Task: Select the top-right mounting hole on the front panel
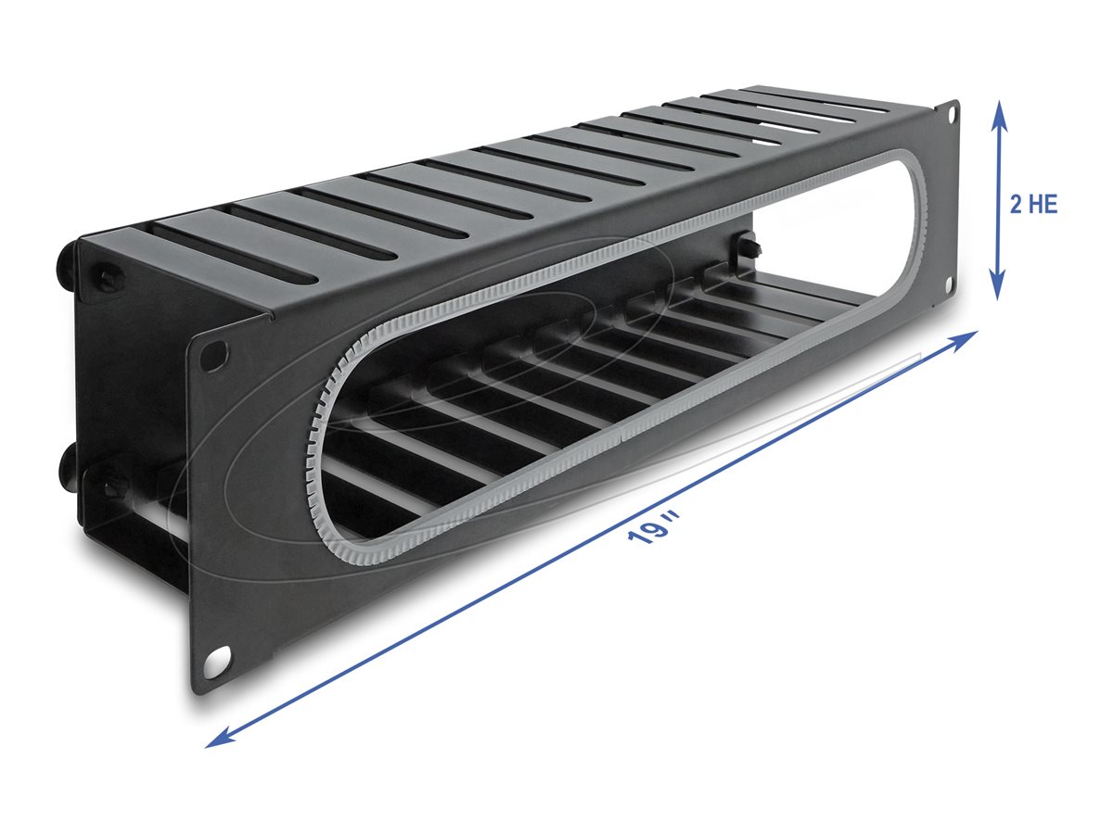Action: pos(950,113)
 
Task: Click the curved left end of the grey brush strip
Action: pos(320,436)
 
